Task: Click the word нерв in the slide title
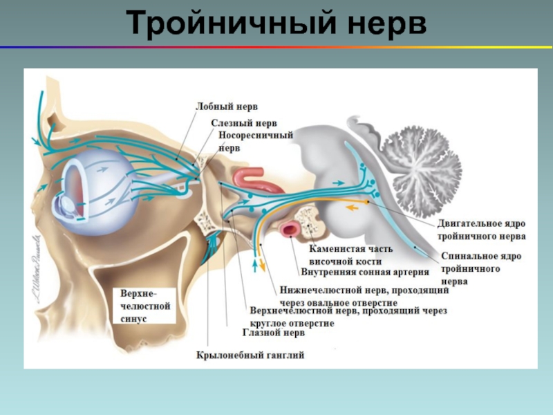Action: pos(384,25)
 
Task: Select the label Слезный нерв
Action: pos(234,123)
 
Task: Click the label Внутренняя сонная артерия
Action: pos(360,272)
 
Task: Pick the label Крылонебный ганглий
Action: pos(250,356)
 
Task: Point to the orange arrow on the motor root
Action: pos(353,206)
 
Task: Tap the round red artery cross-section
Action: pos(290,228)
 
